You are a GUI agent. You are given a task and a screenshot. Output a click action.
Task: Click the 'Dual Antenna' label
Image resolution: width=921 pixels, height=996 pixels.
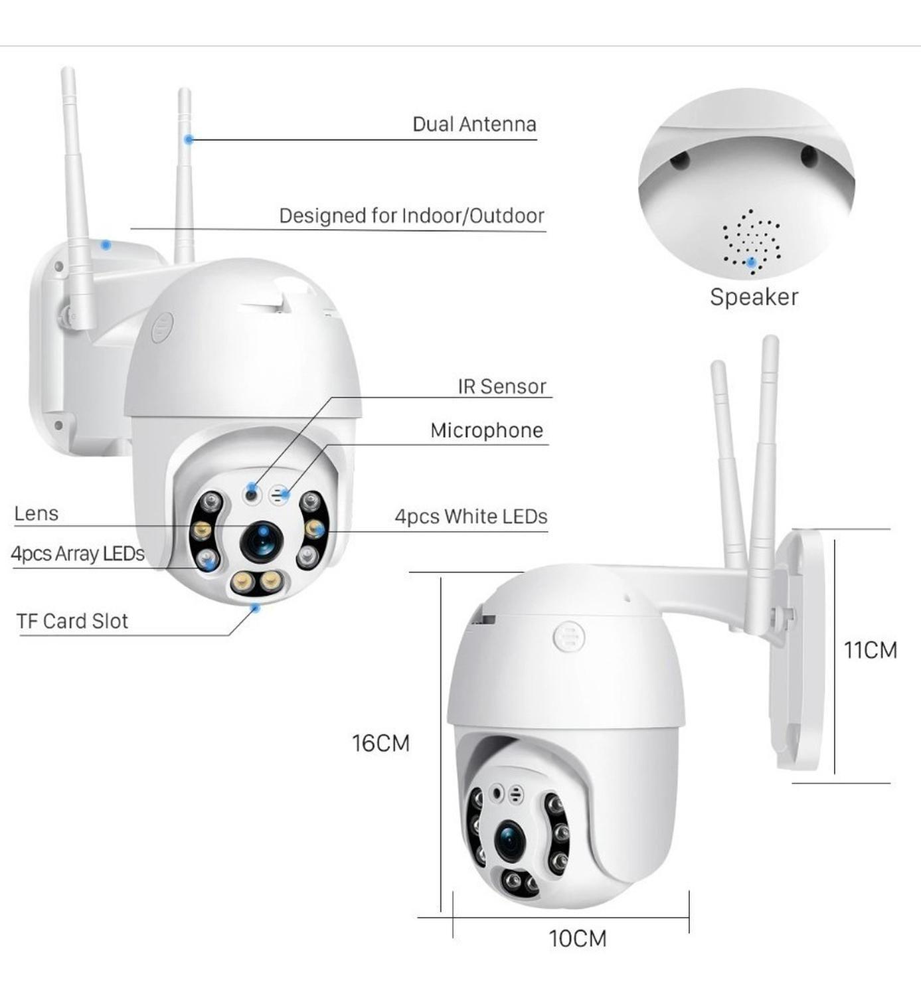(x=474, y=124)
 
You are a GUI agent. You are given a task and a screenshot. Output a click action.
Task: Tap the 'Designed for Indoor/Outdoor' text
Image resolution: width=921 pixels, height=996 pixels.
(x=411, y=216)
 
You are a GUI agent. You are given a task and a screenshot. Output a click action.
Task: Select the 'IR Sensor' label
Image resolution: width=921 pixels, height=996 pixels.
(x=501, y=386)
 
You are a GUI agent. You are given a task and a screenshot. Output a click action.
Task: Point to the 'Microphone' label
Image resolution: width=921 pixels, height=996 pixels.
(x=487, y=430)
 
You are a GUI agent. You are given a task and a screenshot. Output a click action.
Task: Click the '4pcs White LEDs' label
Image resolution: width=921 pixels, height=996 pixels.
(x=471, y=516)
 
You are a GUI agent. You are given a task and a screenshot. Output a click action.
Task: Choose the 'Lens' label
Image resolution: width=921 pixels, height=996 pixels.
(x=36, y=513)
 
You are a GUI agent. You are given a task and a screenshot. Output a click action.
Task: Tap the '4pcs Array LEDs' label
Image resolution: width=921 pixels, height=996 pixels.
(x=77, y=554)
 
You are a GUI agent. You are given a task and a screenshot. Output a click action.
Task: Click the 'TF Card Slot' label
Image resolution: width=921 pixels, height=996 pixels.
(x=72, y=622)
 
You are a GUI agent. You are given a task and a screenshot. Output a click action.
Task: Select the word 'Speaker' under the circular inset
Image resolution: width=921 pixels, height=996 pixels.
(x=754, y=297)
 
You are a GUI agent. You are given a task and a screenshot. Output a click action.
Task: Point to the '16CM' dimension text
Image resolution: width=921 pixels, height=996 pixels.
(x=380, y=743)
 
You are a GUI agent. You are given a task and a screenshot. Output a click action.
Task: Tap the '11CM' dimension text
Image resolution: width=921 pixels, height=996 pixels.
(x=871, y=651)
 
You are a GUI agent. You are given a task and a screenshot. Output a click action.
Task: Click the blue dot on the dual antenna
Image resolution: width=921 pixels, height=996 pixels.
(x=189, y=139)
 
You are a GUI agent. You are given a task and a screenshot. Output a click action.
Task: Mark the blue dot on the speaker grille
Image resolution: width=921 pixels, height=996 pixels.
(x=752, y=262)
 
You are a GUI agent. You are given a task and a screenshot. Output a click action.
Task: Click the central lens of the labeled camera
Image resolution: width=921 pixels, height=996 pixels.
(x=262, y=541)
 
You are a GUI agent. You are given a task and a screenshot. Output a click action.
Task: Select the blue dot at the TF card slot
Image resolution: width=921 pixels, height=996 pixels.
(x=256, y=608)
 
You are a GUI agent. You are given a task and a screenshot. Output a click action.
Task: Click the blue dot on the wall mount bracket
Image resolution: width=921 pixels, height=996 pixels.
(x=106, y=245)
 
